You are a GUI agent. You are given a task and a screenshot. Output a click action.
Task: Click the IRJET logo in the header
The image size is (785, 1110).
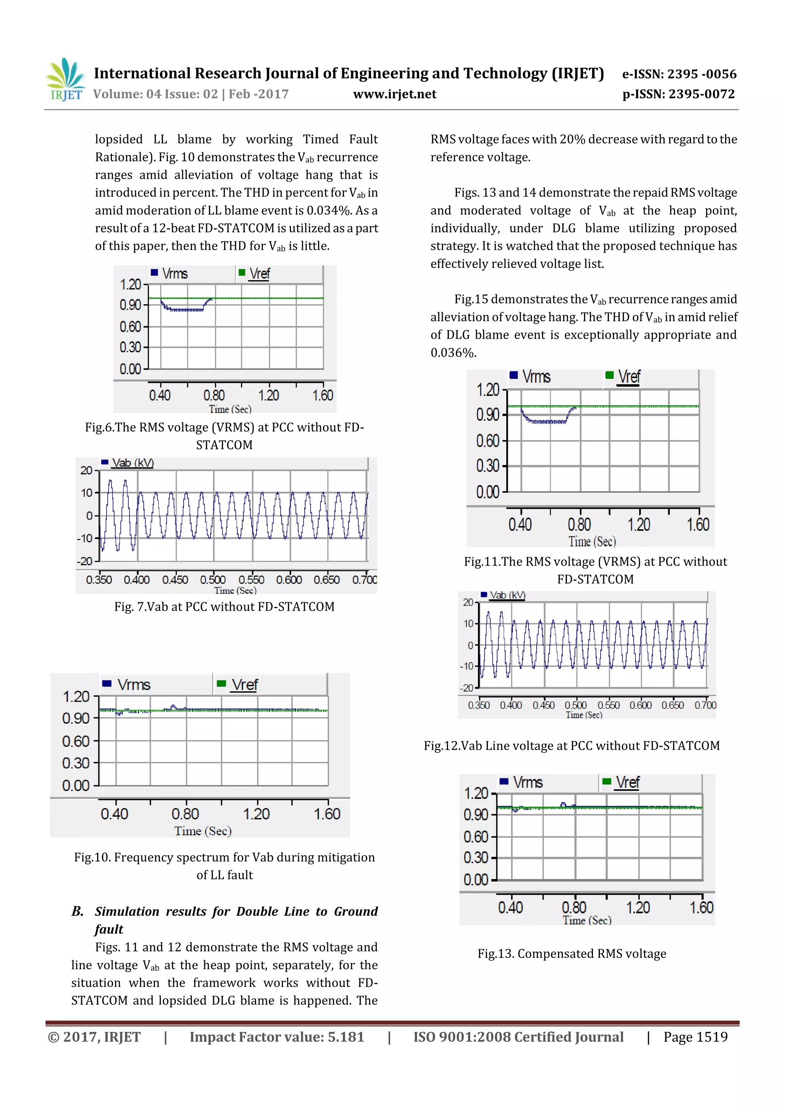tap(65, 80)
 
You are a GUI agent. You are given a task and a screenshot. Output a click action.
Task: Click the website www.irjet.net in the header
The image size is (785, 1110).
tap(395, 94)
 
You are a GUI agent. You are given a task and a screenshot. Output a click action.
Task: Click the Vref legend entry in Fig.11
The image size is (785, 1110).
tap(628, 377)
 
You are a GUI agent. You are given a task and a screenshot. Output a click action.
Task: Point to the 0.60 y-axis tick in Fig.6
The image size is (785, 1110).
tap(131, 327)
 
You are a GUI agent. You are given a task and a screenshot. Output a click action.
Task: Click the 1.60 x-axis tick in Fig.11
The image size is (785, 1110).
tap(698, 525)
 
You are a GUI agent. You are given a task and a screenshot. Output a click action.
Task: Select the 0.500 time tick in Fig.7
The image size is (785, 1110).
tap(213, 580)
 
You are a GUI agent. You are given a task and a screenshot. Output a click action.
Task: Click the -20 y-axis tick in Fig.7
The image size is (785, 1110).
tap(85, 561)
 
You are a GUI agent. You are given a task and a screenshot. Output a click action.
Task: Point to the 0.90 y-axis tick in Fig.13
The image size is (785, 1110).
tap(476, 815)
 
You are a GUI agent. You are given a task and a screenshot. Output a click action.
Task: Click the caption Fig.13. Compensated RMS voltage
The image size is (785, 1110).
tap(572, 953)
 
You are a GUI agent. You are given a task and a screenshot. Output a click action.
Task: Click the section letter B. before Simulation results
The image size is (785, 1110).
tap(77, 911)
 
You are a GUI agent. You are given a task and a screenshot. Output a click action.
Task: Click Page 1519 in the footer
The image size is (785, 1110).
tap(695, 1036)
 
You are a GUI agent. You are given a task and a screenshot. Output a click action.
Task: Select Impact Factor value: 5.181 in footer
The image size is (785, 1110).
tap(277, 1036)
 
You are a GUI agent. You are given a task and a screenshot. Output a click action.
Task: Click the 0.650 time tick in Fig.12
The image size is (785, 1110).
tap(672, 705)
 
